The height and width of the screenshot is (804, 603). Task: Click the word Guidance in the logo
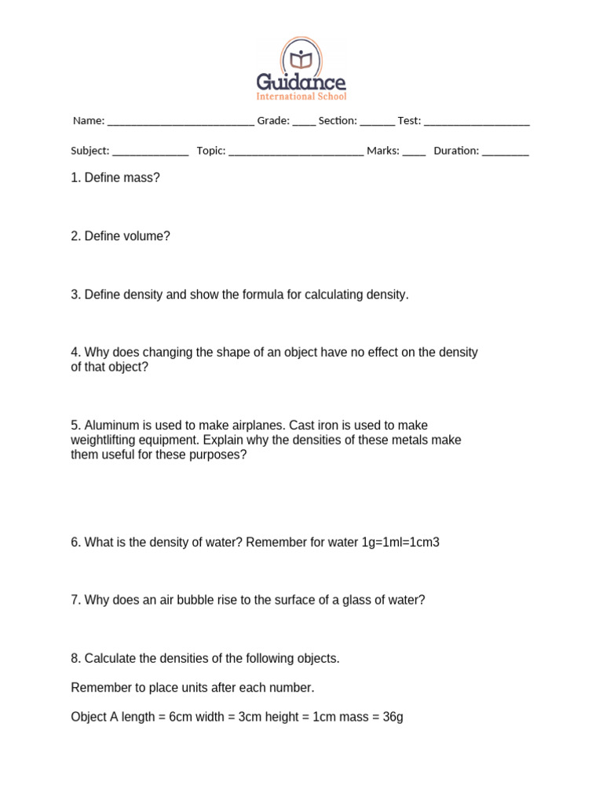point(301,82)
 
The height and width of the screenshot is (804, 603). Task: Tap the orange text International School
point(301,97)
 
